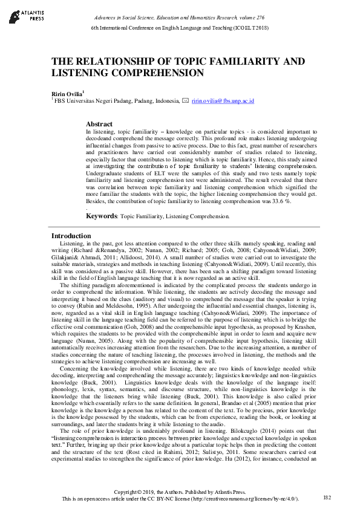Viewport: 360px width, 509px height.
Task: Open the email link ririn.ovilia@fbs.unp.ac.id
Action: (x=222, y=101)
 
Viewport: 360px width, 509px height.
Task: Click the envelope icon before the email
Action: (x=185, y=101)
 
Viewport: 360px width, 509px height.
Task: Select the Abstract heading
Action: (x=99, y=124)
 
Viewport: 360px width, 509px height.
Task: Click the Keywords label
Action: (x=101, y=215)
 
